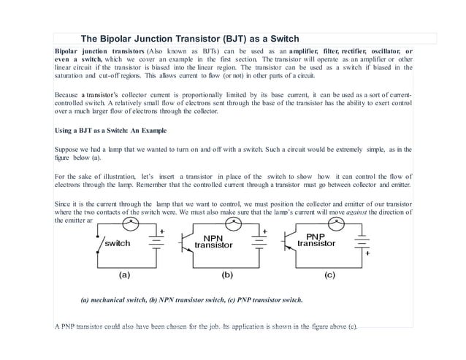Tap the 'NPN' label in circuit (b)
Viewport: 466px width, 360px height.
213,238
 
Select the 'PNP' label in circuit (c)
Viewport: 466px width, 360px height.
316,237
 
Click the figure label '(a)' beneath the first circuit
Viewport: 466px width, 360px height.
125,276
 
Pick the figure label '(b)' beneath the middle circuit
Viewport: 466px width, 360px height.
228,276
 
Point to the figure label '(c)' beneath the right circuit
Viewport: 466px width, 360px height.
330,276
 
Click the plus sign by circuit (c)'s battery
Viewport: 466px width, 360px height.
369,255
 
